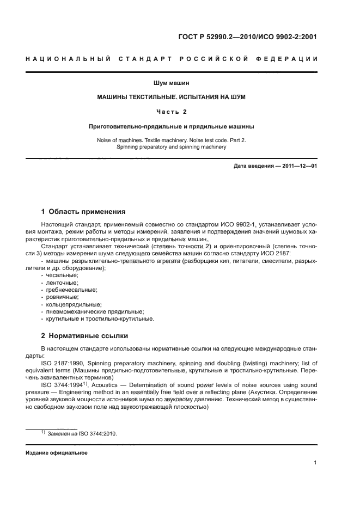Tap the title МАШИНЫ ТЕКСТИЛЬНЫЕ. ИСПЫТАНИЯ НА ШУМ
tap(171, 97)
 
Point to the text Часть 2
tap(171, 112)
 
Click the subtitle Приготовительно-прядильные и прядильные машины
tap(171, 126)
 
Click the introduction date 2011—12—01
tap(297, 166)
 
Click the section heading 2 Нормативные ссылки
tap(85, 336)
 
